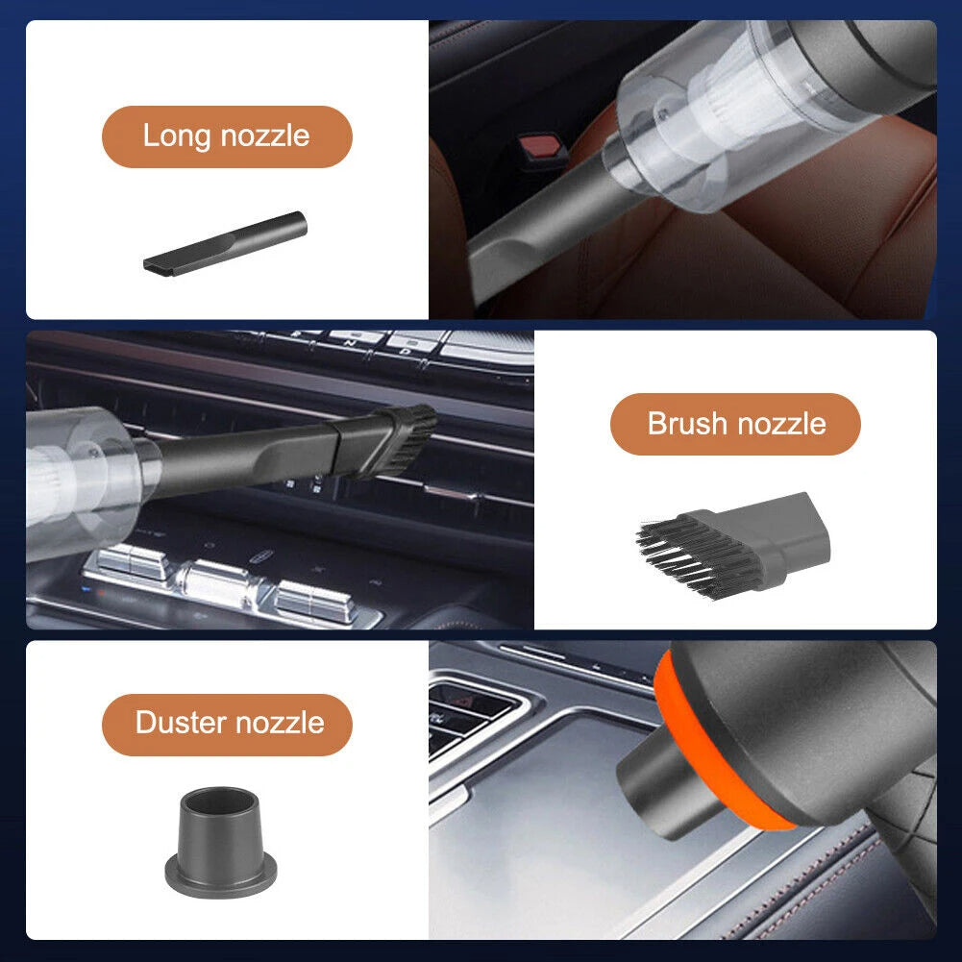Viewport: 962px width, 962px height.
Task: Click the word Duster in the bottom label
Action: (181, 722)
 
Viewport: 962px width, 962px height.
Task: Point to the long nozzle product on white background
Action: (225, 243)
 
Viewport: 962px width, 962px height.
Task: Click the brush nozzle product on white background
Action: (732, 544)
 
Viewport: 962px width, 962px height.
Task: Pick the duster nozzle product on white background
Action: (221, 842)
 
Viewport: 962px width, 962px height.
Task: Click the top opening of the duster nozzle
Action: (221, 801)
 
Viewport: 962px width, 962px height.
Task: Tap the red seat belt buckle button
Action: (540, 148)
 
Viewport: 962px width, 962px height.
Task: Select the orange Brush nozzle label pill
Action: (735, 424)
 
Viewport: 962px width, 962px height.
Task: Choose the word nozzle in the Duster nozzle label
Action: (280, 722)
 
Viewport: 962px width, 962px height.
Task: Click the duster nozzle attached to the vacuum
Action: (669, 792)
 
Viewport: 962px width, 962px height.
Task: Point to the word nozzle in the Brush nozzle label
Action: (781, 423)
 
